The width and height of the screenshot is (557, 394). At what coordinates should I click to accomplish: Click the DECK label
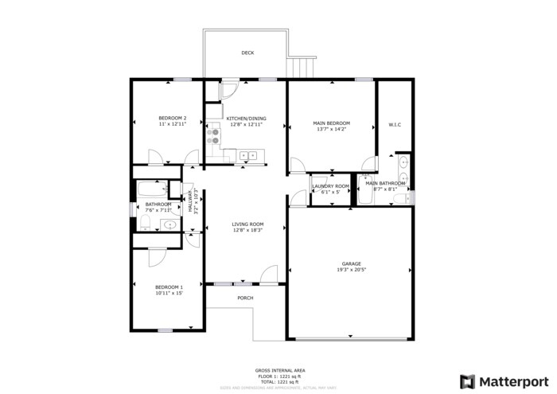(247, 53)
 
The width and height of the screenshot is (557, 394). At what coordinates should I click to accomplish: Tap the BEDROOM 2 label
(172, 118)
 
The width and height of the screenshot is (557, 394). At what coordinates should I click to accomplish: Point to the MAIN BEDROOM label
(331, 123)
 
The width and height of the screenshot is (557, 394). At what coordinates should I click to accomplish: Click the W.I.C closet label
(394, 124)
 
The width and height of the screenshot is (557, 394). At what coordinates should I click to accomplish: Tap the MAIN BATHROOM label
(385, 183)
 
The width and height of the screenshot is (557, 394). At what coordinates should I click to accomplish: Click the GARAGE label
(351, 263)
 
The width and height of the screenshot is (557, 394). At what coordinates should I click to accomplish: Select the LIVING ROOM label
(247, 224)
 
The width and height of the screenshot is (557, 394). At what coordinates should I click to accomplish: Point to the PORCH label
(246, 298)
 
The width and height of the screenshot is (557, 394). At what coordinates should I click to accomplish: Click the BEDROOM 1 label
(169, 287)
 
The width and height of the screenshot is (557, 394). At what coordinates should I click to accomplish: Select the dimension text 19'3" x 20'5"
(351, 270)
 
